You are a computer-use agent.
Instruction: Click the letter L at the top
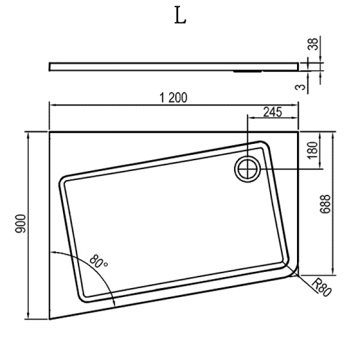click(x=180, y=16)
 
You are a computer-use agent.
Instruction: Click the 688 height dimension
click(x=324, y=207)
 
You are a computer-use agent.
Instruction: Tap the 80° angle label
click(x=99, y=262)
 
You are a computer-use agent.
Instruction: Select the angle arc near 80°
click(x=102, y=276)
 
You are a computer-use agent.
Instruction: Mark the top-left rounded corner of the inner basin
click(x=65, y=180)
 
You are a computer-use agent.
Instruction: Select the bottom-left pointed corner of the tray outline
click(x=50, y=319)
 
